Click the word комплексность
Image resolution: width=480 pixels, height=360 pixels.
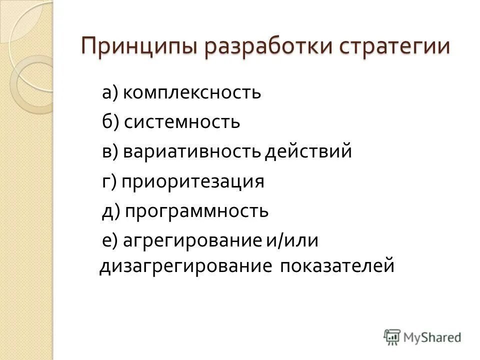pyautogui.click(x=192, y=92)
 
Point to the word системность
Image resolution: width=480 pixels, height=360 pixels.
pyautogui.click(x=182, y=122)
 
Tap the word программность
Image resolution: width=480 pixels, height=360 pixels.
pyautogui.click(x=196, y=211)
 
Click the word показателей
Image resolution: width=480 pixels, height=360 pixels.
pyautogui.click(x=337, y=265)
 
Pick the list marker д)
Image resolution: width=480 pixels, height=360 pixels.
pyautogui.click(x=110, y=211)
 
